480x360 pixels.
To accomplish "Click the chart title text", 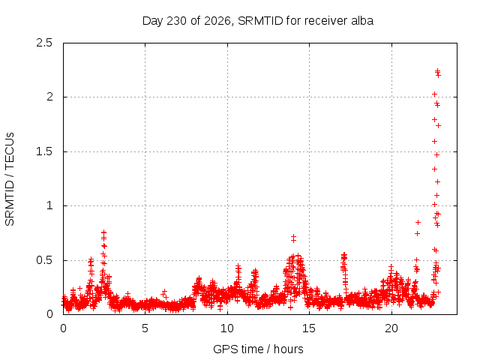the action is click(x=258, y=21).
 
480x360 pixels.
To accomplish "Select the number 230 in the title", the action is click(x=177, y=21).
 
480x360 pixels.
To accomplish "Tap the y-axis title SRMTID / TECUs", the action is click(x=10, y=179).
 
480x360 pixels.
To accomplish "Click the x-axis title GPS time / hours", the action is click(x=258, y=349).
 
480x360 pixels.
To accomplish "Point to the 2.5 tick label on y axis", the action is click(x=44, y=43).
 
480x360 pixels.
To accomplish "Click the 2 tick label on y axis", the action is click(x=49, y=97).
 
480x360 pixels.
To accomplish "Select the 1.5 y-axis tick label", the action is click(x=44, y=151).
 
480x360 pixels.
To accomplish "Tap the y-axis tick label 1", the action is click(x=49, y=205).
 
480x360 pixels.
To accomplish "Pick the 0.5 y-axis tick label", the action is click(x=44, y=260).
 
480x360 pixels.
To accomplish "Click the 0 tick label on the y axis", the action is click(x=49, y=314).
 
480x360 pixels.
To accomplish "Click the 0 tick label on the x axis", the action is click(x=63, y=328).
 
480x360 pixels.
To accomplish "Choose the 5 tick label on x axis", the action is click(x=145, y=328).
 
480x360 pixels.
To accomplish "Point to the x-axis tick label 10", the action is click(x=227, y=328).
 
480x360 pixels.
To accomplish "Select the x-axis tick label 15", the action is click(x=309, y=328).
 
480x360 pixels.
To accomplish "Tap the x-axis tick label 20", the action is click(x=391, y=328).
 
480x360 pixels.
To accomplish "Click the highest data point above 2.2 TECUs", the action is click(x=438, y=71).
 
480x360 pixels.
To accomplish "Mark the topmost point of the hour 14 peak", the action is click(x=293, y=237).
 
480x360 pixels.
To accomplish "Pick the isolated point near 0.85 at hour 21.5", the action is click(x=418, y=222).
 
